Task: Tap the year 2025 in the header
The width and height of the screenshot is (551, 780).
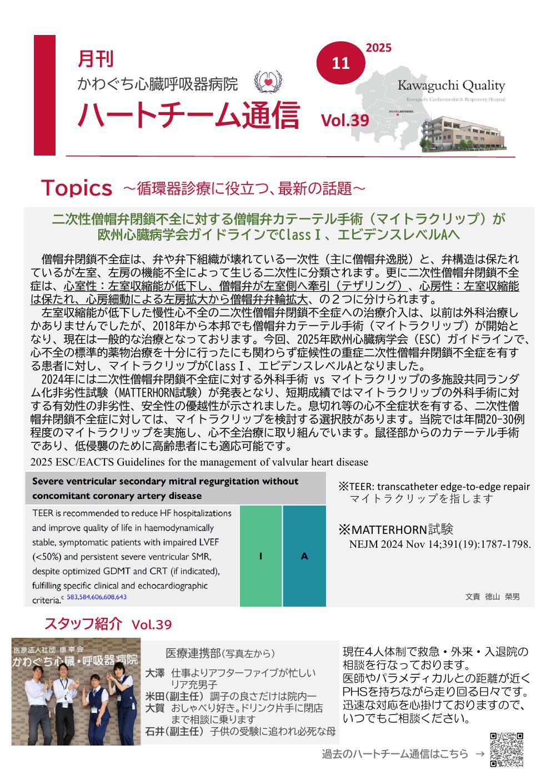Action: tap(378, 48)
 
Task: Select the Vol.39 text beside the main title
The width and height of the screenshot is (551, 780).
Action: tap(344, 120)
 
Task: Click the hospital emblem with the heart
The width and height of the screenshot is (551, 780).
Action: tap(268, 81)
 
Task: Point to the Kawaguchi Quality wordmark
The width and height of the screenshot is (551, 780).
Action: tap(451, 86)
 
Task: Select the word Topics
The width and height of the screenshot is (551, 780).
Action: tap(76, 189)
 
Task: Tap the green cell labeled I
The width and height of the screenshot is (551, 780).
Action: tap(261, 556)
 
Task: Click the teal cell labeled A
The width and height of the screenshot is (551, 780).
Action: tap(304, 556)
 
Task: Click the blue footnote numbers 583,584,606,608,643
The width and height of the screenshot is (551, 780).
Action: tap(97, 597)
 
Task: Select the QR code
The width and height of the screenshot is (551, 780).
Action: tap(507, 750)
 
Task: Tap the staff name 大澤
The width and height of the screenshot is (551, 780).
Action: tap(155, 673)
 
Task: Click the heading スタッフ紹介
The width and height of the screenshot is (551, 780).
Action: tap(82, 623)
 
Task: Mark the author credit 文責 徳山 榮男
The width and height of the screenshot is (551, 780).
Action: tap(492, 597)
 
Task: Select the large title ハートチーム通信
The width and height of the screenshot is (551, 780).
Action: tap(188, 115)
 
